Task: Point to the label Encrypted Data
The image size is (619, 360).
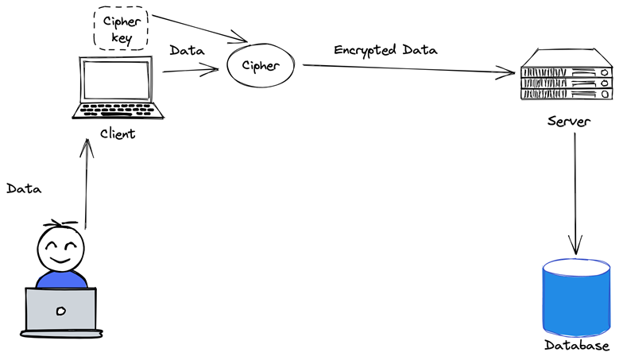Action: coord(386,50)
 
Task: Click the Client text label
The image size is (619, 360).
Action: coord(118,133)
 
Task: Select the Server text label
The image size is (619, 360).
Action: coord(568,122)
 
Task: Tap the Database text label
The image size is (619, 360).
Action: coord(577,346)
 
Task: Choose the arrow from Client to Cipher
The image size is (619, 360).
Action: coord(190,72)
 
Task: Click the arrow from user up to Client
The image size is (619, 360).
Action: coord(87,183)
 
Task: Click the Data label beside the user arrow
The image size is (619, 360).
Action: coord(24,189)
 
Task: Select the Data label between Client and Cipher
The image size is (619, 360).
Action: coord(187,51)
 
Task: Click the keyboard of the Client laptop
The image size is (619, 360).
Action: coord(117,109)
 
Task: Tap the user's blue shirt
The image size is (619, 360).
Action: coord(60,279)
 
